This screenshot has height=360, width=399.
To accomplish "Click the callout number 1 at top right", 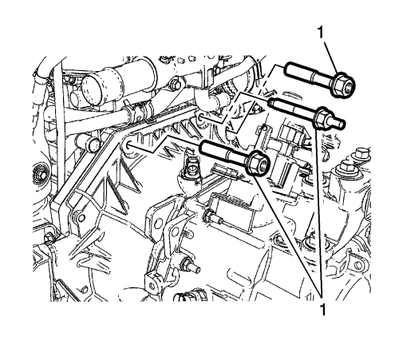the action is pos(321,33).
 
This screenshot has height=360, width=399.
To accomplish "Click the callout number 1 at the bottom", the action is pos(323,310).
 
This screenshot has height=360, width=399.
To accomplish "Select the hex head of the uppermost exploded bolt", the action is pos(342,85).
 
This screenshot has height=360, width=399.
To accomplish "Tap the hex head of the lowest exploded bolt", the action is pos(259,163).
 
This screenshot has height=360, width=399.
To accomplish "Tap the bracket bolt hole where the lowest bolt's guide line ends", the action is pos(128,145).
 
